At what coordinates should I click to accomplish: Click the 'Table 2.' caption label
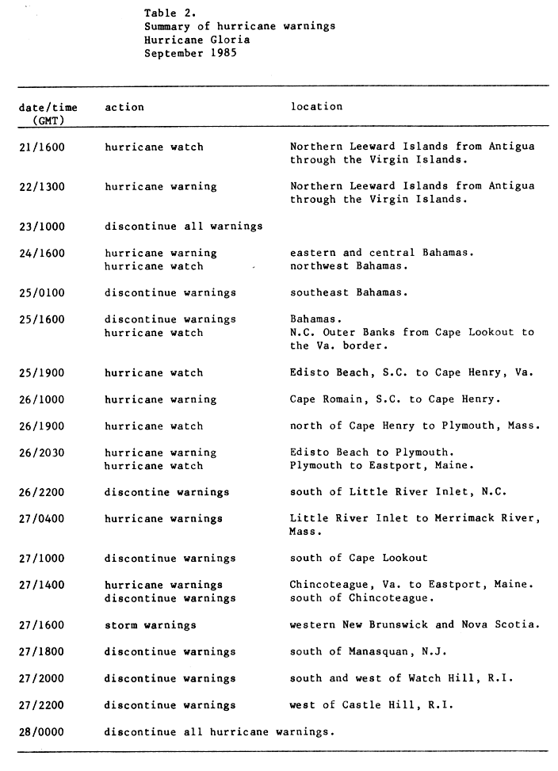point(170,13)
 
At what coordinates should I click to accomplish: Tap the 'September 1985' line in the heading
point(191,53)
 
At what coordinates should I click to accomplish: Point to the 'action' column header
point(124,107)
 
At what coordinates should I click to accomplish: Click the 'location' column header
point(316,106)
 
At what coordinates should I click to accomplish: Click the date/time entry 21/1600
point(42,147)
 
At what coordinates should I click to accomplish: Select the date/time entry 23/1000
point(42,227)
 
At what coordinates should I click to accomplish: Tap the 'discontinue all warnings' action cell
point(183,227)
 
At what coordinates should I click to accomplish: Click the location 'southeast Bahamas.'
point(349,292)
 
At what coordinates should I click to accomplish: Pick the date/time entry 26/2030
point(42,452)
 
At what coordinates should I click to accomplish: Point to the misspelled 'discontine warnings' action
point(166,492)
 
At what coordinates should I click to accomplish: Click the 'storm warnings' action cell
point(151,625)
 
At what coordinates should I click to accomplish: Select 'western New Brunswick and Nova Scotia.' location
point(415,624)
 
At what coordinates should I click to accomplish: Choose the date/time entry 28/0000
point(42,731)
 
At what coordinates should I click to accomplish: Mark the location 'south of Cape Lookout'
point(358,559)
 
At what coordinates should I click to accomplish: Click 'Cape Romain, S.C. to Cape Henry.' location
point(395,399)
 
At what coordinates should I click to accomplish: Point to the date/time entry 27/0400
point(42,519)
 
